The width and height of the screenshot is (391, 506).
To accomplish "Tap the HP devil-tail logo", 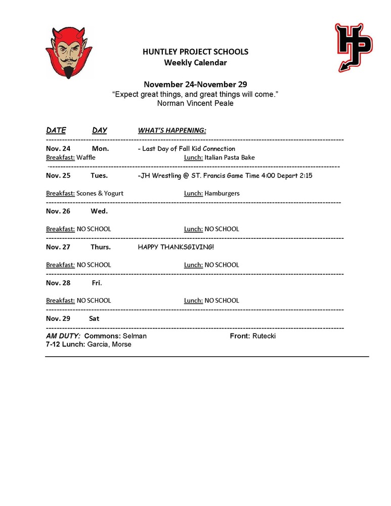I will point(353,47).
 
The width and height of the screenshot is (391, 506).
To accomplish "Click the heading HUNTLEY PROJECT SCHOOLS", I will point(195,52).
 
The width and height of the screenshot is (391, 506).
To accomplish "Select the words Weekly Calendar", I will point(195,63).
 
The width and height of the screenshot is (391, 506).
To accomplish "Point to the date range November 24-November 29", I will point(195,84).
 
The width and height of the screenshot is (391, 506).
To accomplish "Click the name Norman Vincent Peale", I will point(195,103).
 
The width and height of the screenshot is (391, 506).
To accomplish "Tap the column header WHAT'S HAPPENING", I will point(172,131).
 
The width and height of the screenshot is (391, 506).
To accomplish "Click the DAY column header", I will point(100,131).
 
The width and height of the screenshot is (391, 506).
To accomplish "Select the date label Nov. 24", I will point(58,149).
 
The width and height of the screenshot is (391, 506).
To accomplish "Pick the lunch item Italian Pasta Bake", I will point(230,157).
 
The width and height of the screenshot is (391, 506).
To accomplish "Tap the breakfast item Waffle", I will point(86,157).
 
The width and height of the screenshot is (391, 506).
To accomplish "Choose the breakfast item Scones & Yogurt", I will point(100,193).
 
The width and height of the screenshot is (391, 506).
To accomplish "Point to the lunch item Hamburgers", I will point(222,193).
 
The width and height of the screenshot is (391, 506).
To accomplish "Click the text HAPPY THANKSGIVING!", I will point(176,247).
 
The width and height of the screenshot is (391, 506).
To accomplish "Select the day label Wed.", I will point(99,211).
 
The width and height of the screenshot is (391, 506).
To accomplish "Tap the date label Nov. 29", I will point(58,318).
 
